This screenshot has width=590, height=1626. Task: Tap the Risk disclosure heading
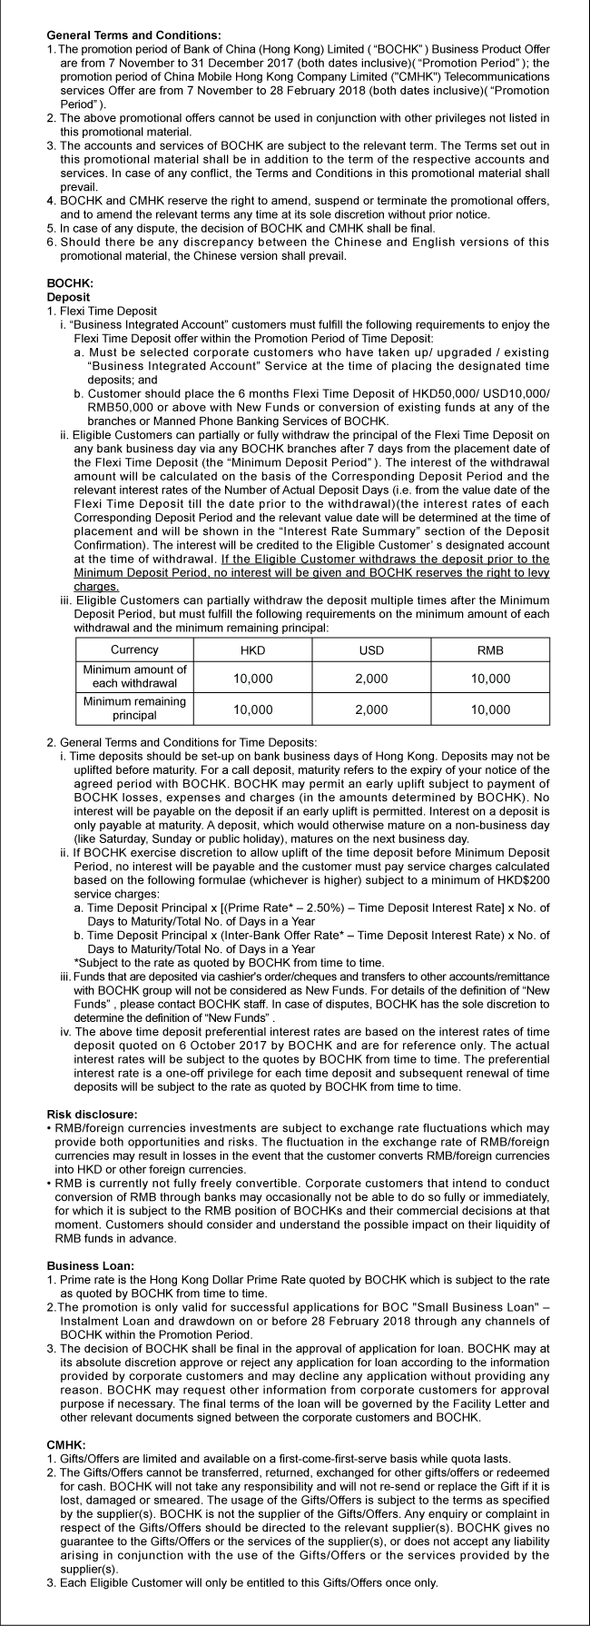[x=93, y=1114]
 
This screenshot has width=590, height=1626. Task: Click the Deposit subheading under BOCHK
[x=68, y=296]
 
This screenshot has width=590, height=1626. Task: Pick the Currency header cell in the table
[x=134, y=649]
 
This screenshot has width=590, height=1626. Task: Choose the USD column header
[x=372, y=650]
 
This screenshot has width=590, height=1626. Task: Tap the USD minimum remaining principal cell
[x=372, y=709]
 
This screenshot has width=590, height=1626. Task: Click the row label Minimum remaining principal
[x=134, y=709]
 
